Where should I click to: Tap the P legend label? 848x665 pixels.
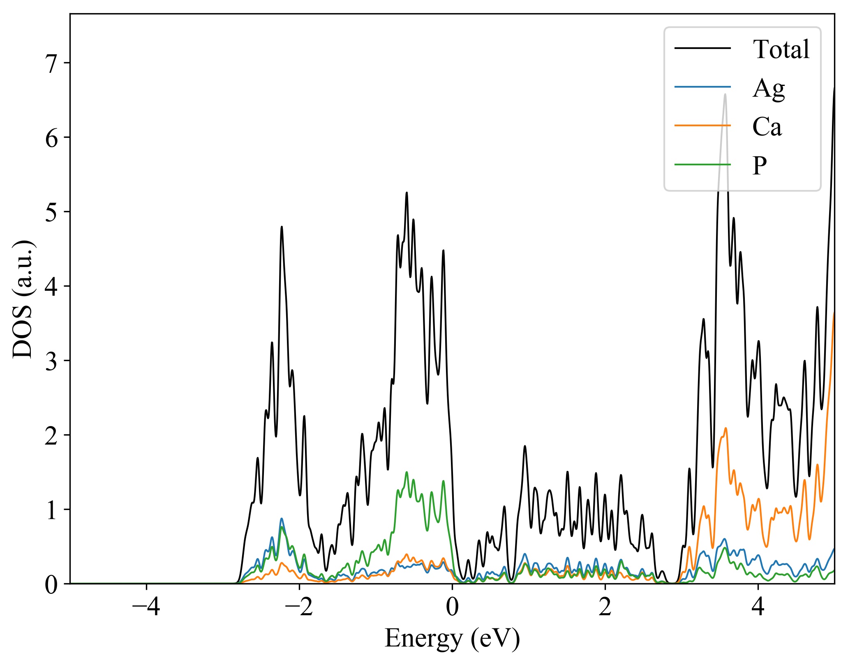pyautogui.click(x=760, y=165)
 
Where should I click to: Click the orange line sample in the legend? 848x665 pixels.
pyautogui.click(x=702, y=125)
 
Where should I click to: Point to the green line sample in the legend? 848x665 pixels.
pyautogui.click(x=702, y=165)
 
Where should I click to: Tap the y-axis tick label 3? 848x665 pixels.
pyautogui.click(x=52, y=361)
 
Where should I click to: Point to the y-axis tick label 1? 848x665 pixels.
pyautogui.click(x=52, y=510)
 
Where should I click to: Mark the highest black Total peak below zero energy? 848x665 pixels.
pyautogui.click(x=407, y=192)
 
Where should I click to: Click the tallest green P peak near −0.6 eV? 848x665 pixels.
pyautogui.click(x=407, y=472)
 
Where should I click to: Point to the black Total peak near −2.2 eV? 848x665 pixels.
pyautogui.click(x=282, y=227)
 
